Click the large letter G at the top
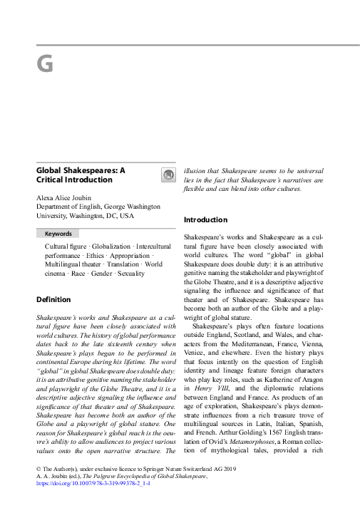(x=44, y=65)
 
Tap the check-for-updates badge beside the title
(x=168, y=175)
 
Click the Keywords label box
(x=58, y=234)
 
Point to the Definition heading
(x=53, y=300)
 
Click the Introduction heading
(x=205, y=220)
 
